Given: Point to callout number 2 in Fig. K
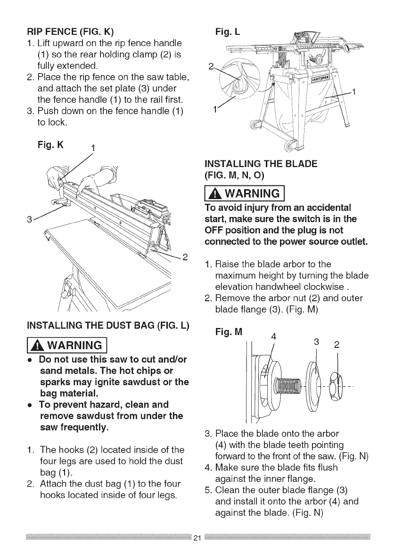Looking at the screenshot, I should (185, 257).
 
